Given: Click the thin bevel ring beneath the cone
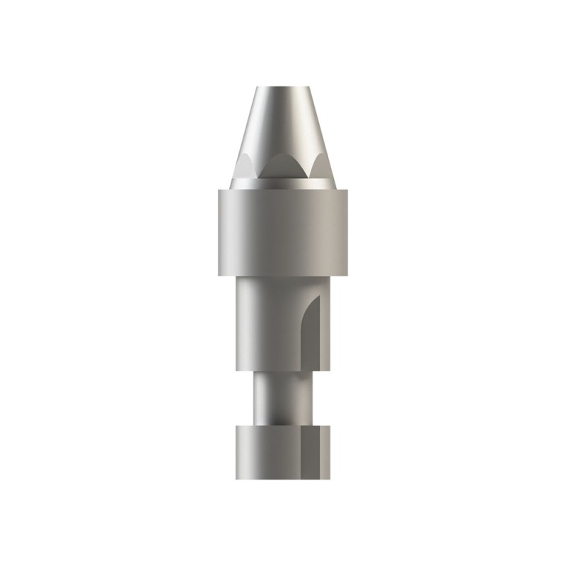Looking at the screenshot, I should point(282,184).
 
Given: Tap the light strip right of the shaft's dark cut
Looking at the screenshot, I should point(325,333).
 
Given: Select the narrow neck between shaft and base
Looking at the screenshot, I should point(282,396).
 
